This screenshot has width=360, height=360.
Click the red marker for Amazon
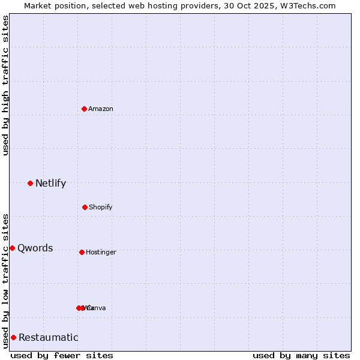click(84, 109)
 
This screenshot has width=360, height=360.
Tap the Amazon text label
click(101, 109)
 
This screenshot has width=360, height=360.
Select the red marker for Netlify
click(30, 183)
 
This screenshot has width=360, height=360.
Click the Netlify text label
click(50, 184)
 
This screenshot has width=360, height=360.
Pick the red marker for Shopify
click(85, 207)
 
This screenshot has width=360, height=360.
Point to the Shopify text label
click(101, 208)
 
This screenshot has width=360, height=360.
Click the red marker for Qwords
click(12, 248)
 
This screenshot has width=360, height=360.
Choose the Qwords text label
click(35, 248)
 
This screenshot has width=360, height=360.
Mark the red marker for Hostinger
click(82, 252)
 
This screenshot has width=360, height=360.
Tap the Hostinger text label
click(101, 253)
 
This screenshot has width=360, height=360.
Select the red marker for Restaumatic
click(13, 337)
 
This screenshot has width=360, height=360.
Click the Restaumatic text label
click(48, 338)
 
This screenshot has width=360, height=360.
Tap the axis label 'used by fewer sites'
click(62, 355)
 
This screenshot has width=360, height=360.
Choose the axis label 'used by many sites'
click(301, 355)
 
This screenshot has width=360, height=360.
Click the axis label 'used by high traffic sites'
click(5, 85)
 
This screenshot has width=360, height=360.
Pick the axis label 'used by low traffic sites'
click(5, 280)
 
